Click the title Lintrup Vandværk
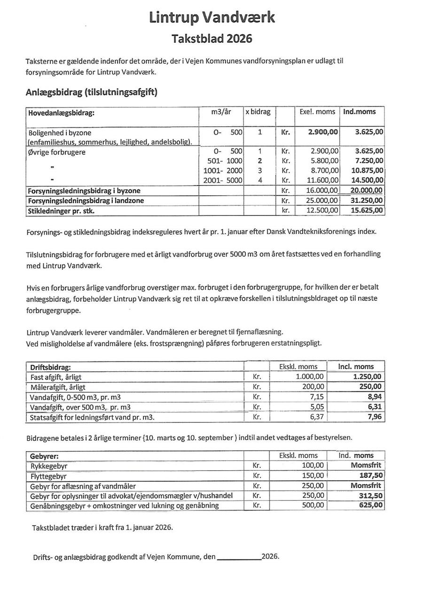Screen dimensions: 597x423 (x=212, y=17)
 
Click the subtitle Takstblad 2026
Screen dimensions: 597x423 (x=211, y=38)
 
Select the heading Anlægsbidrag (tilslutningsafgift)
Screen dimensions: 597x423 (x=91, y=92)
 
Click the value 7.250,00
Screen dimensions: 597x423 (x=367, y=161)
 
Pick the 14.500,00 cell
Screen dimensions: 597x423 (x=367, y=180)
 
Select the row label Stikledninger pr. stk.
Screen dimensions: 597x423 (x=61, y=211)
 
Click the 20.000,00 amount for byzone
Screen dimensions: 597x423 (x=367, y=191)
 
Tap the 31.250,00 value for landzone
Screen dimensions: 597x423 (x=367, y=200)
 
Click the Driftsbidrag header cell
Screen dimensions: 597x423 (x=50, y=367)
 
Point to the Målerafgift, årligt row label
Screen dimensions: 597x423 (x=58, y=387)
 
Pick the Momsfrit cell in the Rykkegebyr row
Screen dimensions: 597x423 (x=366, y=466)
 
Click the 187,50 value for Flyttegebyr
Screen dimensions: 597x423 (x=371, y=475)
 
